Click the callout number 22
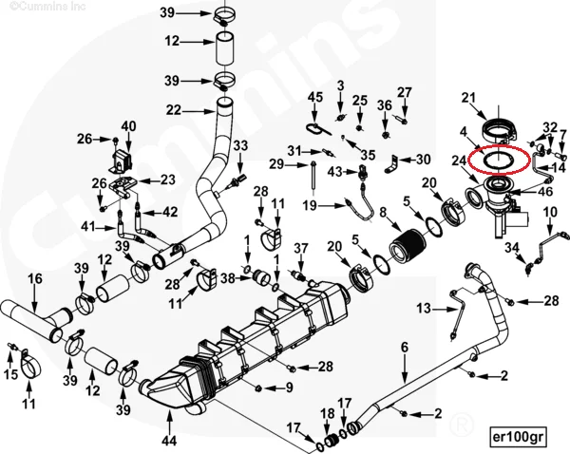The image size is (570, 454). tap(173, 110)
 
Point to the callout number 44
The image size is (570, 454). tap(169, 441)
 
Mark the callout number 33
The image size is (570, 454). tap(240, 144)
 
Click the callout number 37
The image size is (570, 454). tap(300, 248)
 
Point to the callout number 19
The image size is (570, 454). tap(310, 205)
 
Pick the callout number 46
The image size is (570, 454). tap(545, 191)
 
